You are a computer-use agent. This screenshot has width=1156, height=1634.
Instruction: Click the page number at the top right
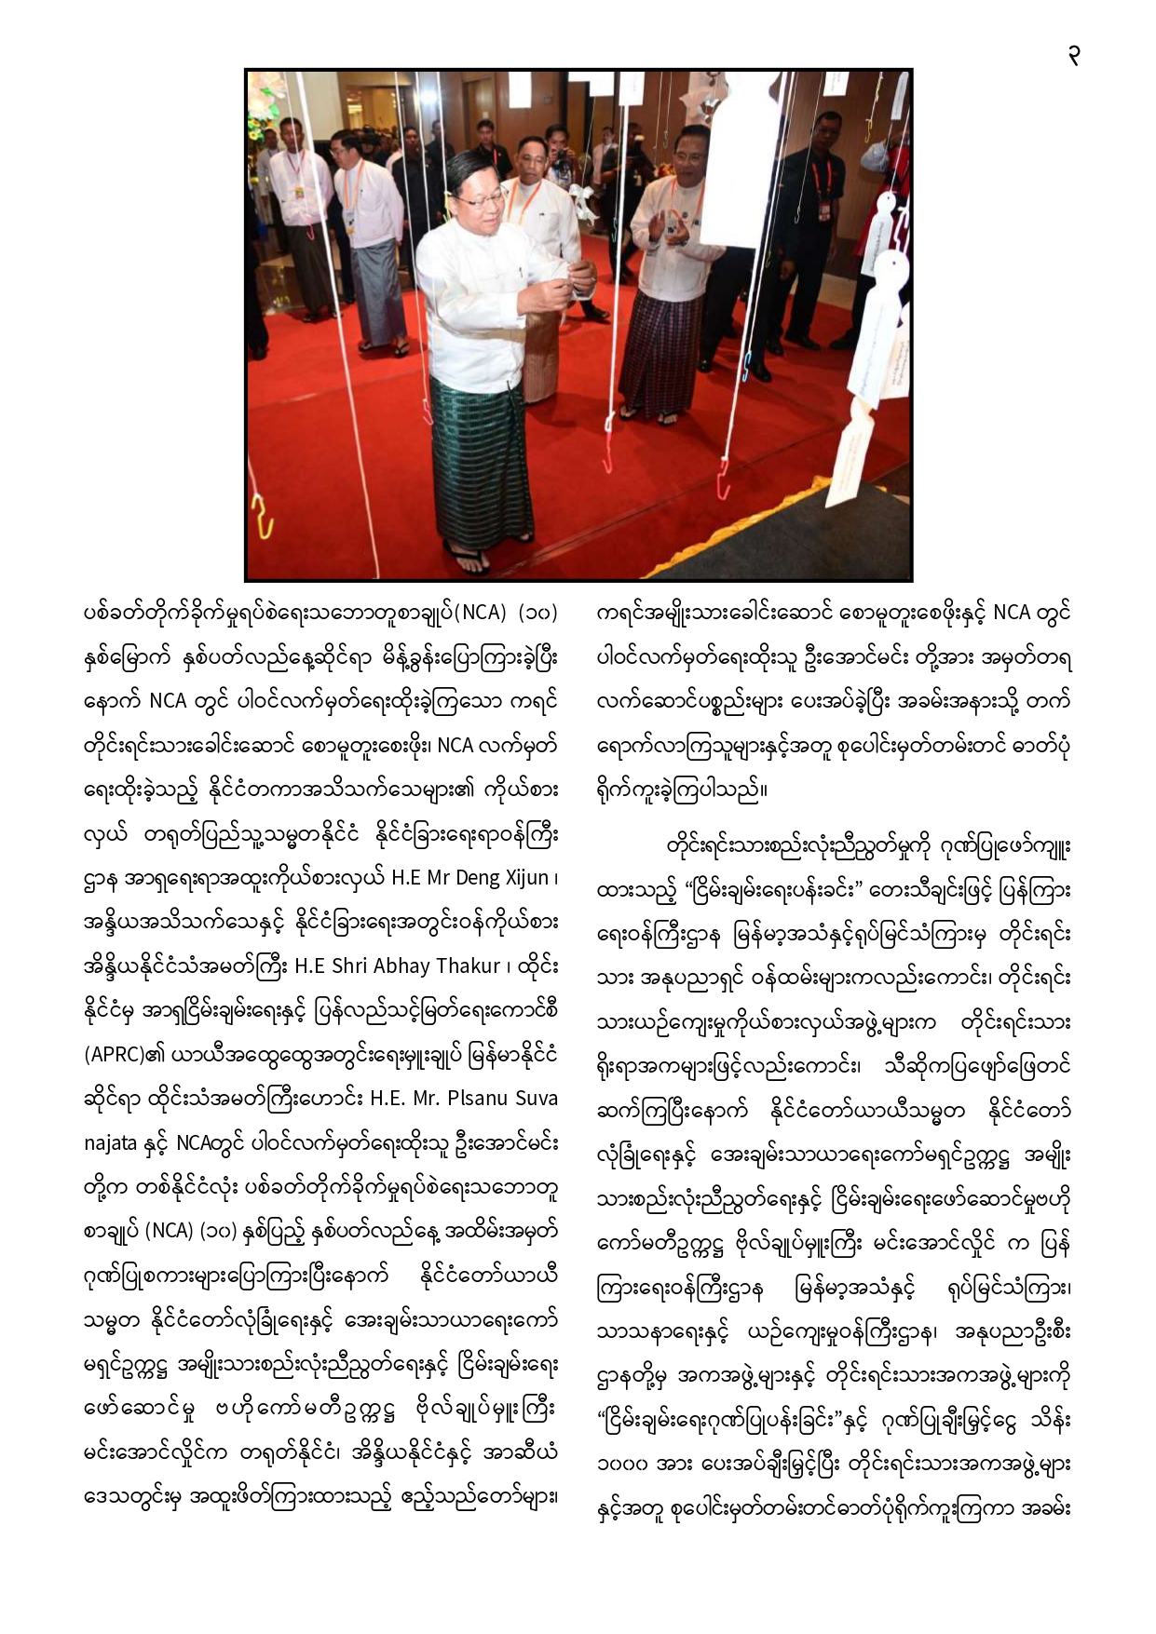[x=1074, y=57]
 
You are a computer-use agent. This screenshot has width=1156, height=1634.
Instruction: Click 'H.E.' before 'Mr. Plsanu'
[x=386, y=1099]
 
